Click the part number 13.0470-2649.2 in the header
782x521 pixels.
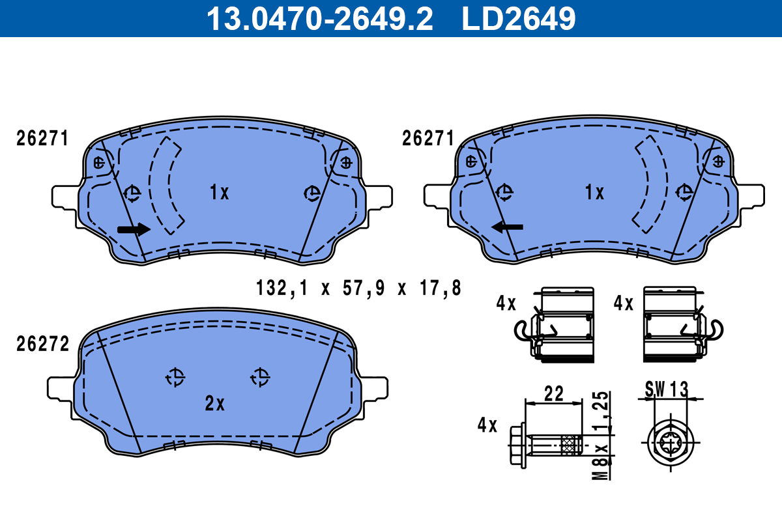(x=320, y=18)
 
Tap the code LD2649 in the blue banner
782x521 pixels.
(x=519, y=18)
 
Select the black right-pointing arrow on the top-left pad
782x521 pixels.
(x=134, y=229)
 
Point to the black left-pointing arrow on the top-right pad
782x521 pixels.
(x=507, y=227)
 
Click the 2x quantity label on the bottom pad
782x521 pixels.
(x=214, y=403)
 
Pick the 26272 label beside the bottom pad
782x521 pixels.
(x=42, y=344)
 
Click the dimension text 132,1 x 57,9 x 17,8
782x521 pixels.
(x=358, y=289)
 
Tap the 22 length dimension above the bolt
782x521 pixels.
(x=554, y=393)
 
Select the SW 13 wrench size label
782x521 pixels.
(x=667, y=389)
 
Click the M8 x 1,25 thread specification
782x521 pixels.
(x=600, y=436)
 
